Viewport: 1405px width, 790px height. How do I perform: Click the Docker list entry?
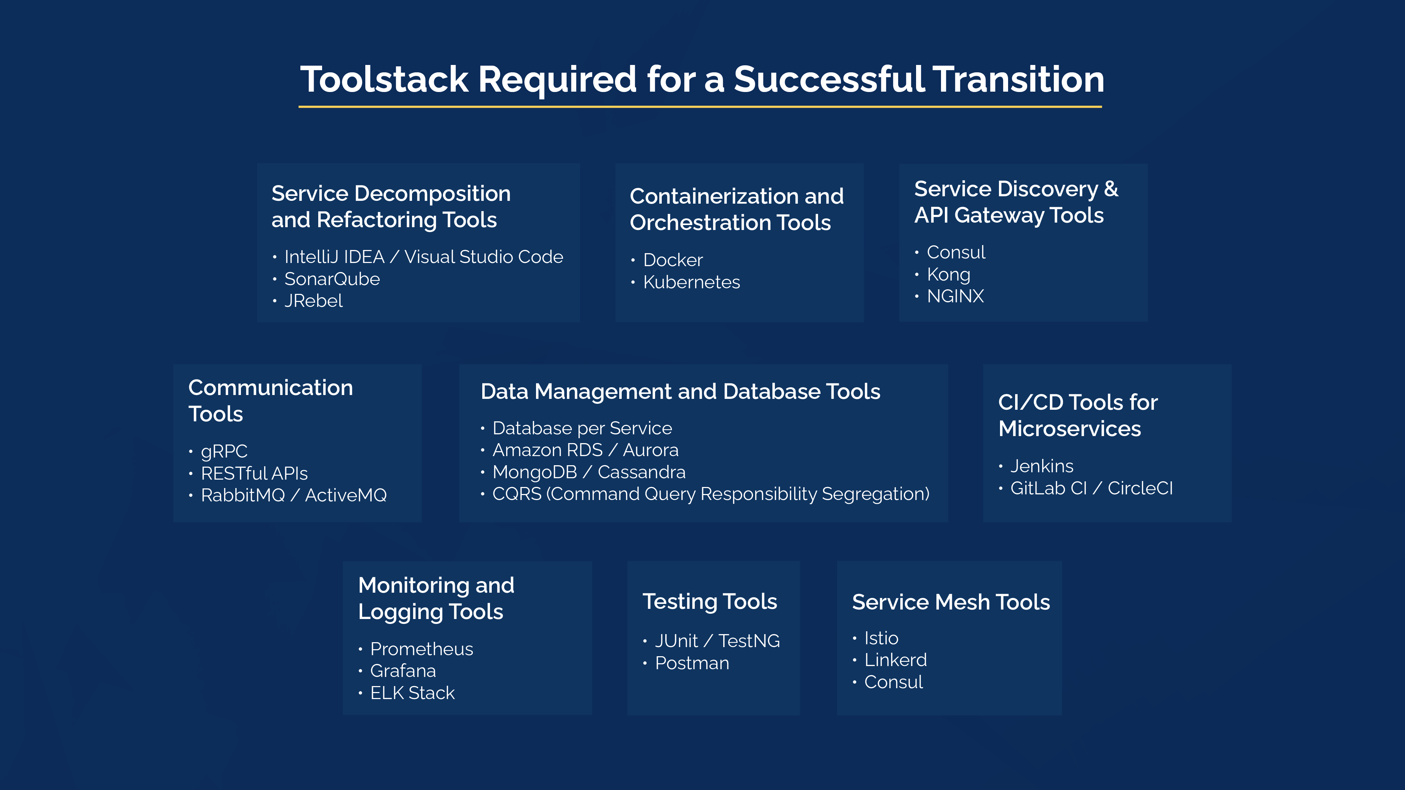pos(673,260)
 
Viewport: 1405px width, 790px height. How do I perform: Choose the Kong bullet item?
pos(948,274)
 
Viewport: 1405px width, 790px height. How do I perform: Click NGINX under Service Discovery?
pos(955,296)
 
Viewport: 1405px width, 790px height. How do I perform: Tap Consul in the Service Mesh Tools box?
pos(893,682)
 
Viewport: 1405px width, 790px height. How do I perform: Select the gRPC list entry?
pos(224,452)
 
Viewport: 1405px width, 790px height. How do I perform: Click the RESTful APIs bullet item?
pos(254,473)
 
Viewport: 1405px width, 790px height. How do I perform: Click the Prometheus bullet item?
pos(421,649)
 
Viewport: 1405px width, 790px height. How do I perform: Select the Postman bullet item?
pos(692,663)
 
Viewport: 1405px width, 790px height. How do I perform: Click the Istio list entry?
pos(881,638)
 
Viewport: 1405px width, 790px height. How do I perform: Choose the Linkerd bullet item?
pos(895,660)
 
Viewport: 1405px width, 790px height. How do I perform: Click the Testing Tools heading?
pos(709,601)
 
